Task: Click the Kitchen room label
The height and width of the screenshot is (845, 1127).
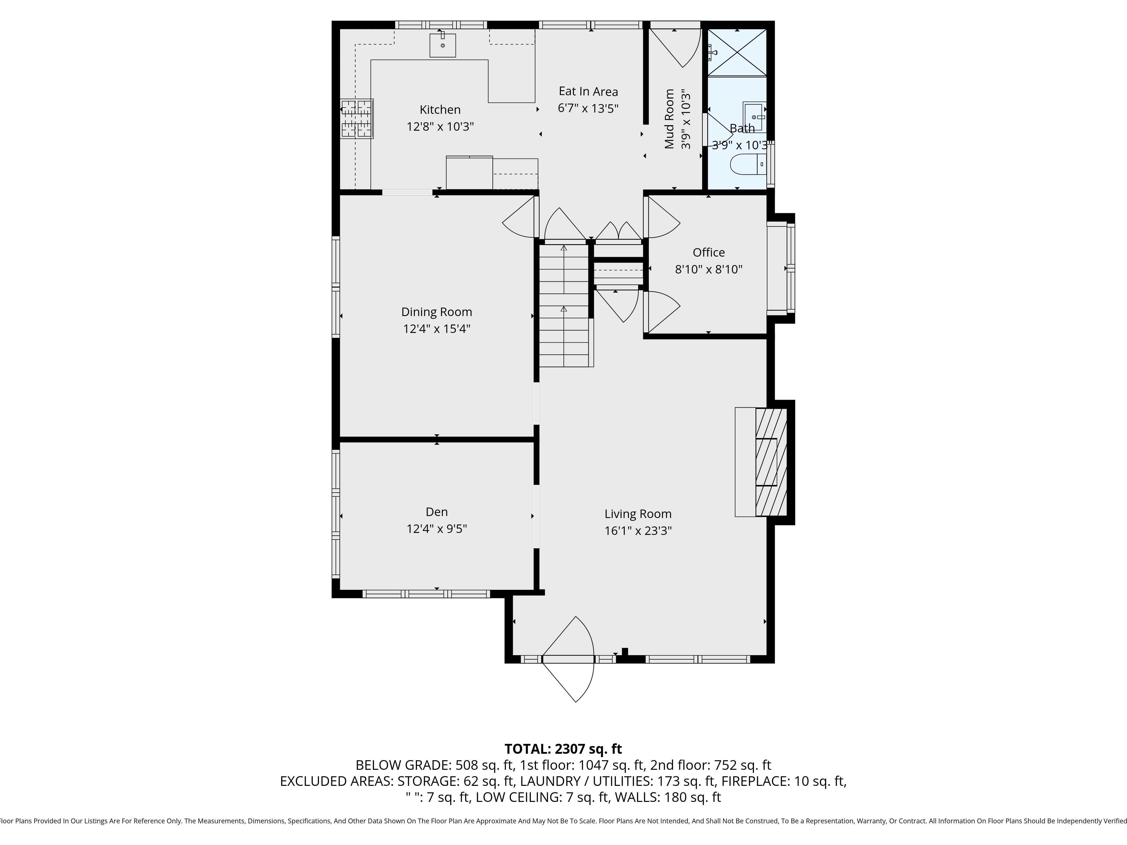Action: pos(440,110)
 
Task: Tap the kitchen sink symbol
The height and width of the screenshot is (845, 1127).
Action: pos(442,45)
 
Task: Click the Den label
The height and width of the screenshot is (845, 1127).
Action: pos(437,512)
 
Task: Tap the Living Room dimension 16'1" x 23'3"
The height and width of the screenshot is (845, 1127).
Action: pos(638,531)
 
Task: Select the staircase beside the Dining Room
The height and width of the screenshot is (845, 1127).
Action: pos(564,306)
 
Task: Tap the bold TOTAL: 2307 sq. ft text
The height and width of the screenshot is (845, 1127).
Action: pos(563,749)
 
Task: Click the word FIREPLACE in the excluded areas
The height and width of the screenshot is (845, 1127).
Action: pos(755,781)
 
